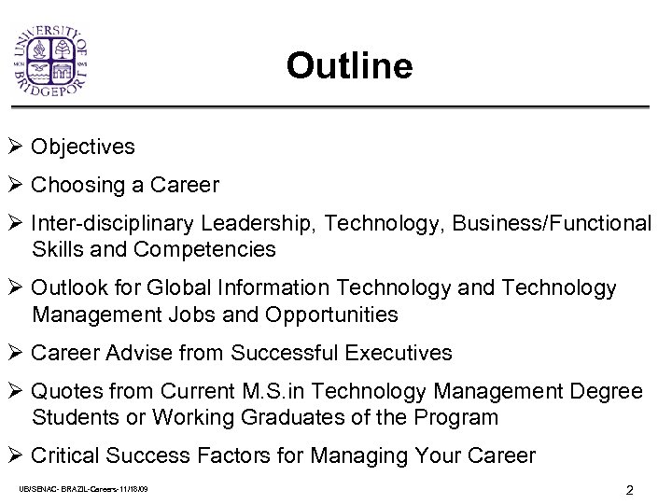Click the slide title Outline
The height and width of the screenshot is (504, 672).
click(349, 66)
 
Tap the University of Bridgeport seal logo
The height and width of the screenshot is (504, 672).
click(62, 60)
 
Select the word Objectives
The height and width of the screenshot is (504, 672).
click(83, 147)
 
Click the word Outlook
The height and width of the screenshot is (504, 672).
click(67, 288)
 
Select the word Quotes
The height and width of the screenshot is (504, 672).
click(63, 391)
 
